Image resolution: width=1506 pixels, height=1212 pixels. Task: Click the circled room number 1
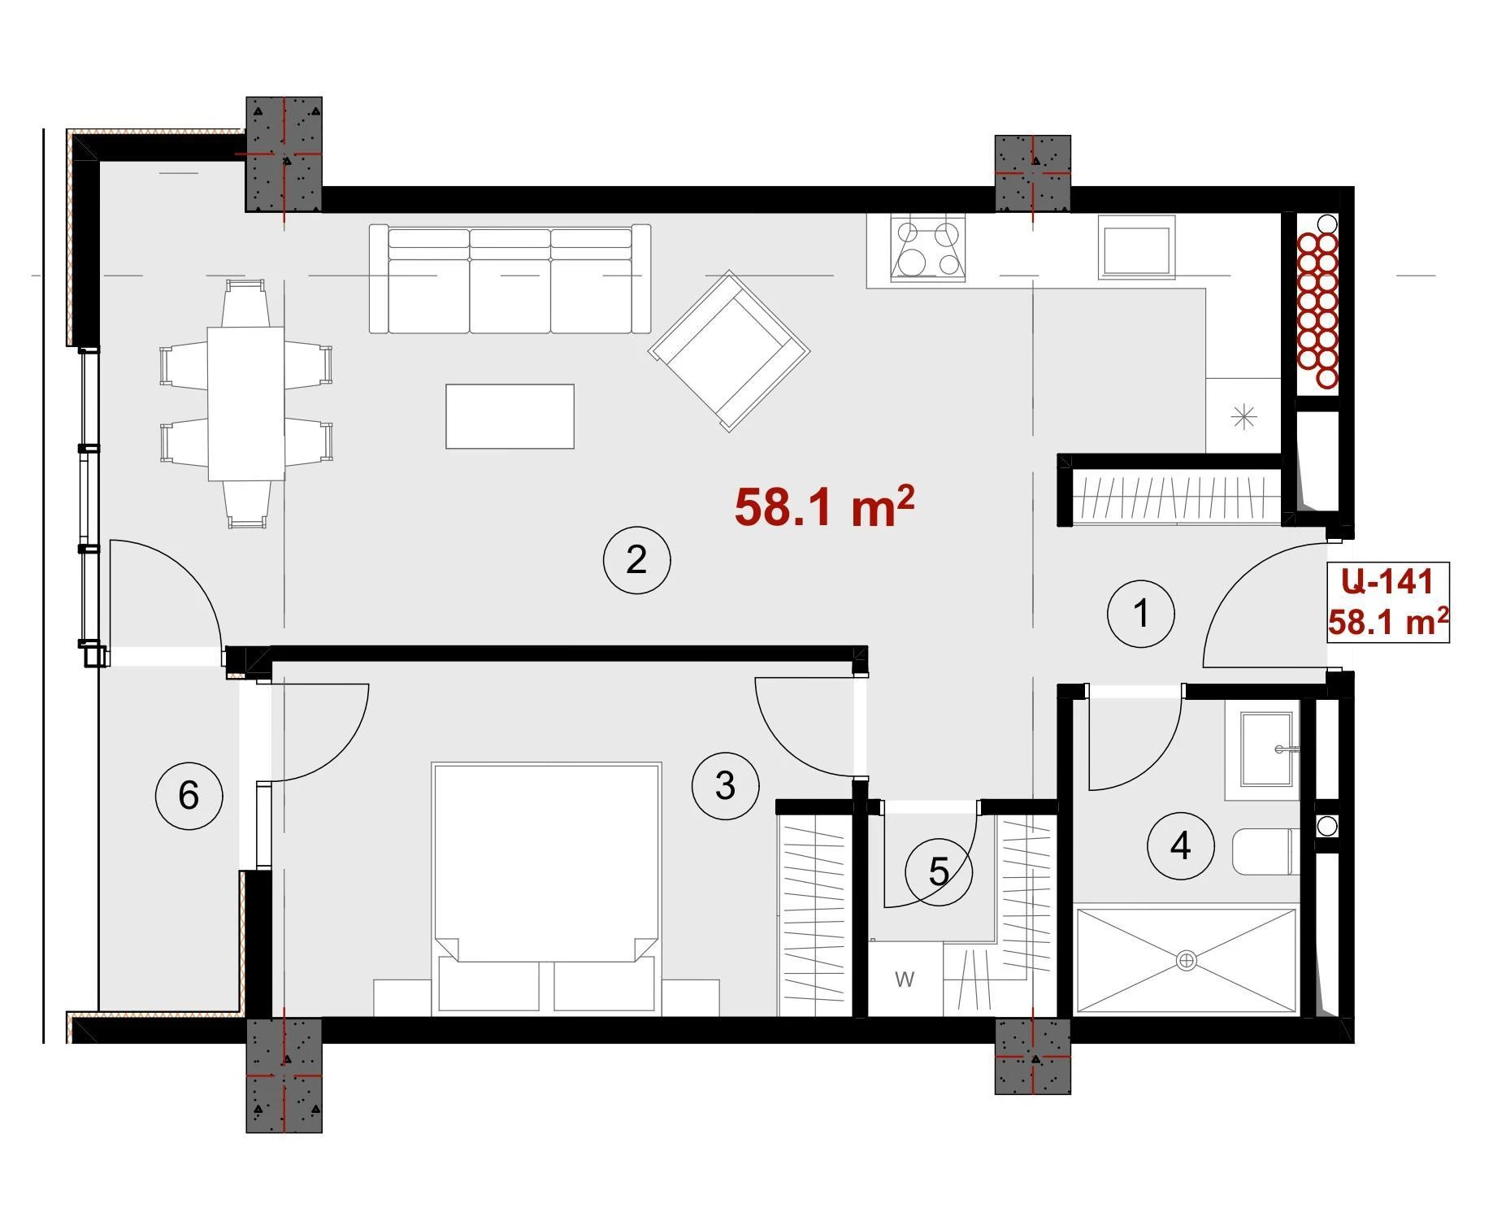(x=1141, y=614)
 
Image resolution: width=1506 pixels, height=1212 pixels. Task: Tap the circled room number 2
(x=636, y=560)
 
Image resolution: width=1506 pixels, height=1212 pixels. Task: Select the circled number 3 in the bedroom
(x=725, y=786)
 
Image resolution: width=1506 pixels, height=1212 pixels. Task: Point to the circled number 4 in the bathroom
(x=1180, y=846)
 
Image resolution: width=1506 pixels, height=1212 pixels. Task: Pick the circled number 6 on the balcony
(x=189, y=795)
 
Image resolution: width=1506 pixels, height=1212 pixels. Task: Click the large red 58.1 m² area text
(x=824, y=506)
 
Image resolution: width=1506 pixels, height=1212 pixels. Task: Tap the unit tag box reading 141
(x=1388, y=602)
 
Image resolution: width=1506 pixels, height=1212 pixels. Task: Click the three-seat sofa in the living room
(x=510, y=279)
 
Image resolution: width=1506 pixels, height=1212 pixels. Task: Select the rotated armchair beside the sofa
(x=729, y=351)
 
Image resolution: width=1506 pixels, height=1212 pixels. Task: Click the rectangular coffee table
(x=510, y=416)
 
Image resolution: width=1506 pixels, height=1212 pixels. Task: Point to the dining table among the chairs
(x=246, y=404)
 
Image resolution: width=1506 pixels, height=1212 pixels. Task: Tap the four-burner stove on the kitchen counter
(x=928, y=248)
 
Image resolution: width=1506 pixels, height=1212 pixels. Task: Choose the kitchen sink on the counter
(x=1136, y=247)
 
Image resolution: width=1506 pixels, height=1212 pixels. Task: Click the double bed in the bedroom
(x=546, y=888)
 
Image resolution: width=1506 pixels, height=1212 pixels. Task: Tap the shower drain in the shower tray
(x=1187, y=961)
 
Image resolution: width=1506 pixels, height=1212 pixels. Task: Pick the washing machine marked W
(x=905, y=979)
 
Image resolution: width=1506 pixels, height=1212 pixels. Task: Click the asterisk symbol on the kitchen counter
(x=1243, y=417)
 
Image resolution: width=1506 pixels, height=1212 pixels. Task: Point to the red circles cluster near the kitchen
(x=1317, y=308)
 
